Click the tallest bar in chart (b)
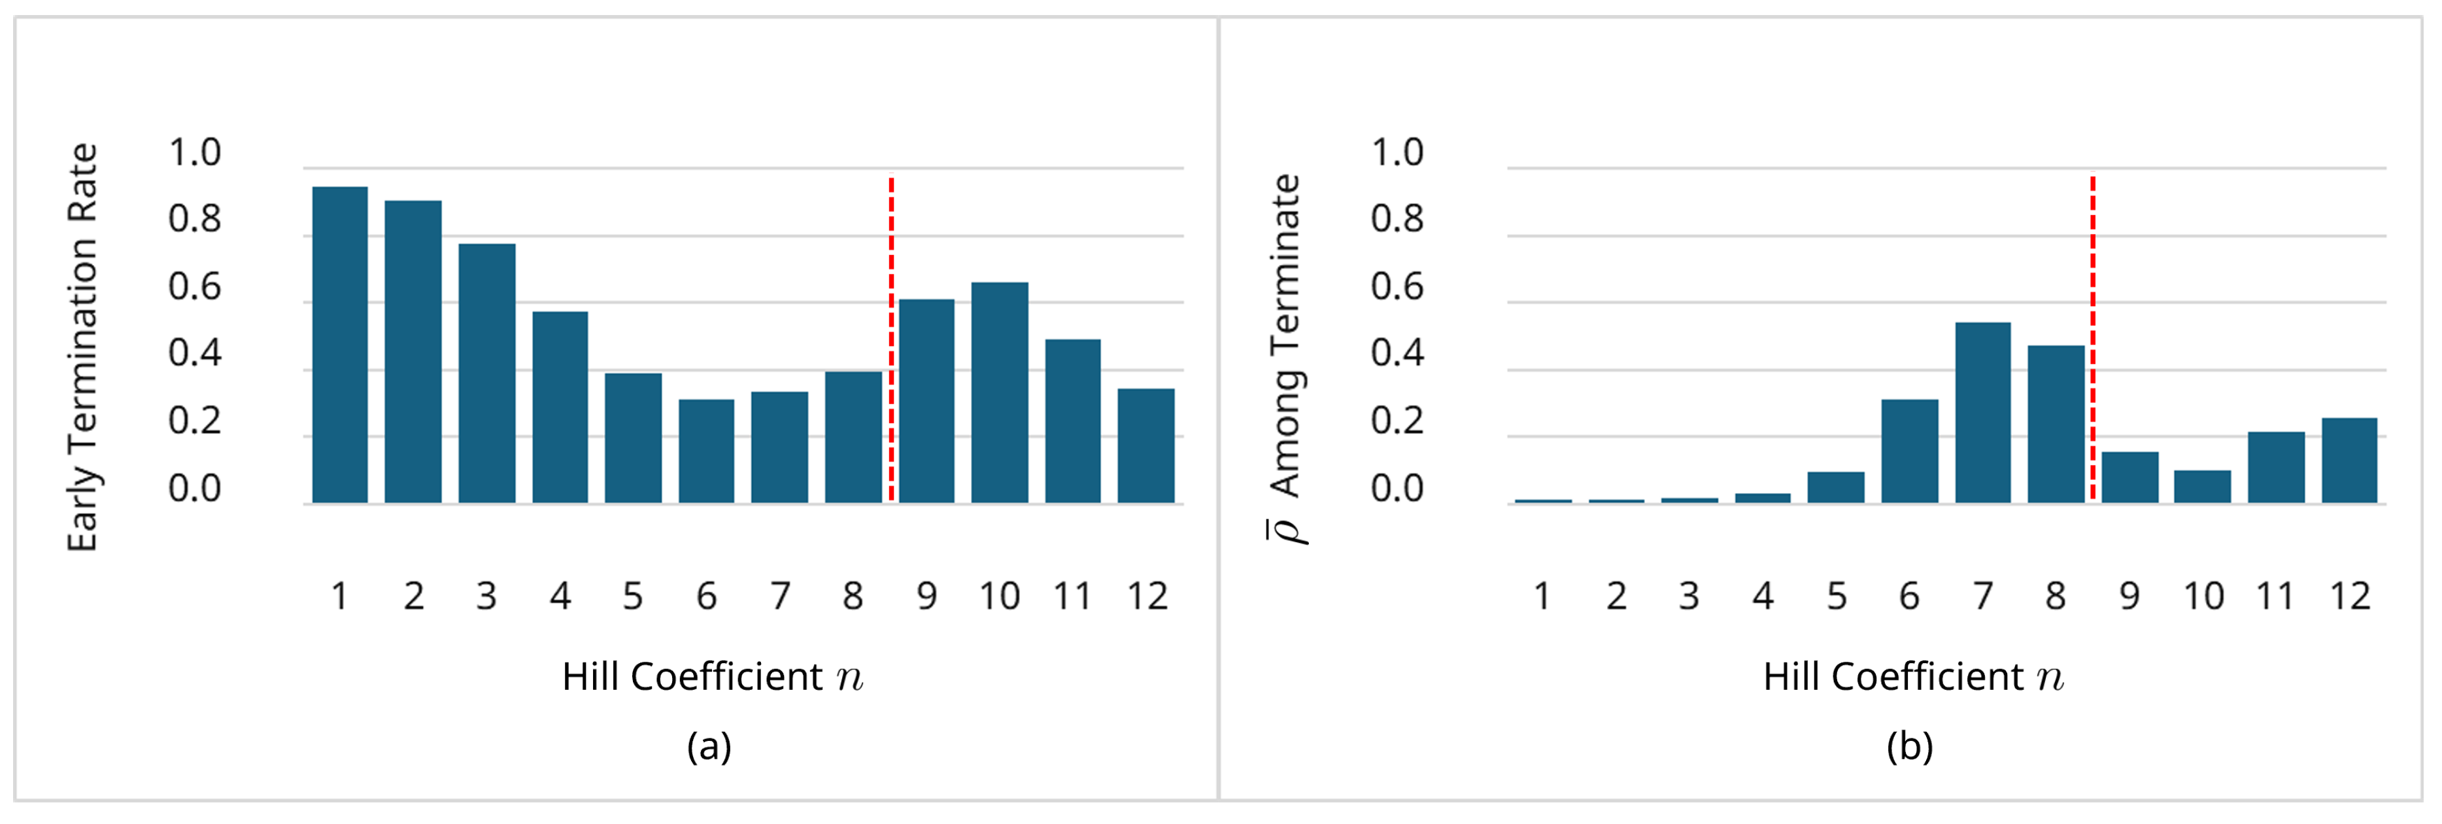1982,413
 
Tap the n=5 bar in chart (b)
1835,487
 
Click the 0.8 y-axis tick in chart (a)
194,219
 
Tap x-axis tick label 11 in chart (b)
2275,596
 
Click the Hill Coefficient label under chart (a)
712,677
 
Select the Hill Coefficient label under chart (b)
1913,677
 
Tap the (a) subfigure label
709,746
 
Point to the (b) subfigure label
1909,746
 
